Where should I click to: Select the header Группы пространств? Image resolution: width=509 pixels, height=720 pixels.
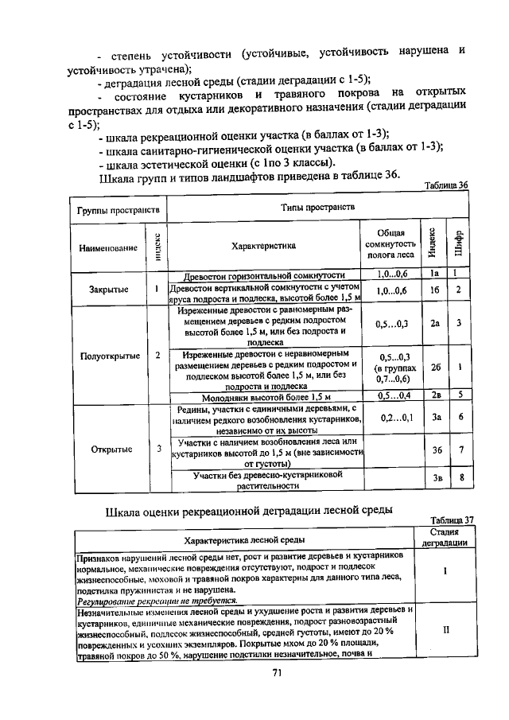coord(119,210)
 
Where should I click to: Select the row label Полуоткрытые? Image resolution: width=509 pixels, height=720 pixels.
coord(110,356)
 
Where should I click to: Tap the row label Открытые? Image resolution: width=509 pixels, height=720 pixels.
coord(110,450)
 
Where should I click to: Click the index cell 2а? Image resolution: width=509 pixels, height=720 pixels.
coord(435,324)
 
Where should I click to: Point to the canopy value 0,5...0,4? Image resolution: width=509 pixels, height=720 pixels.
coord(395,395)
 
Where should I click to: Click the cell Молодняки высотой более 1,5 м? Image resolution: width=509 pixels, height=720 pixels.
coord(266,395)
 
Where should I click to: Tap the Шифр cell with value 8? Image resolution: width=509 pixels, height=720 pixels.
coord(460,478)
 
